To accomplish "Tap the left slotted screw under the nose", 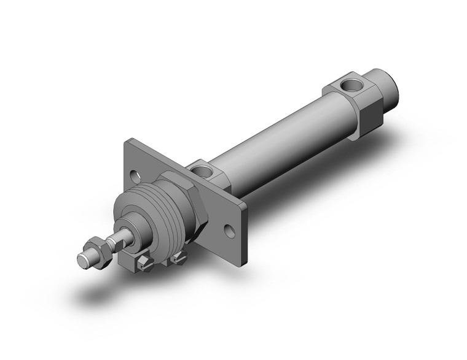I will [x=144, y=262].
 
